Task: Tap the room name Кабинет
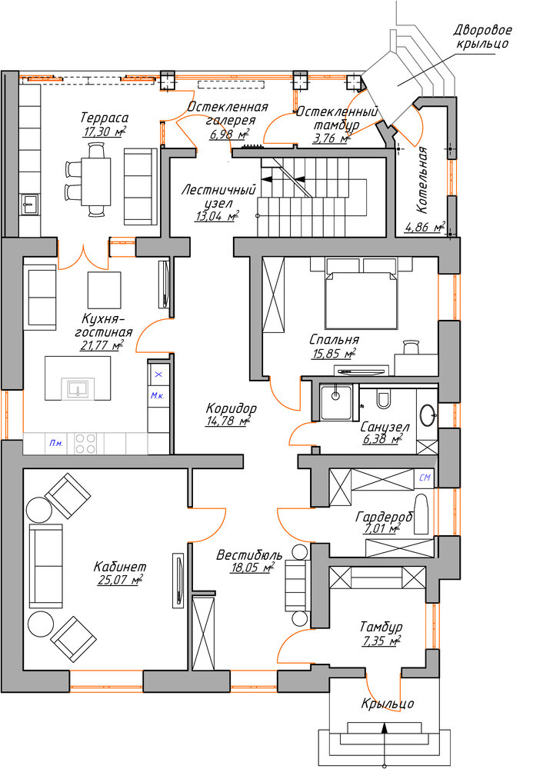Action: pos(120,567)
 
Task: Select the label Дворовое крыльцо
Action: pos(482,37)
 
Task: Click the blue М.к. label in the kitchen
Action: pos(157,396)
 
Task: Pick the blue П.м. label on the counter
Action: pos(56,444)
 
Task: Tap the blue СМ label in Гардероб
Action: pos(425,477)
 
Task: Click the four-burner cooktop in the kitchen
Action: pos(85,444)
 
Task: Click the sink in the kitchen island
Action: pos(78,388)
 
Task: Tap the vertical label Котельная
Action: pos(423,180)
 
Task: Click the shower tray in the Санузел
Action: pos(336,403)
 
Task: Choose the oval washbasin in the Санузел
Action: pos(428,415)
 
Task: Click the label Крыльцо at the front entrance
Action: pos(388,704)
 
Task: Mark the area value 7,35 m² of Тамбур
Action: pos(382,641)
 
